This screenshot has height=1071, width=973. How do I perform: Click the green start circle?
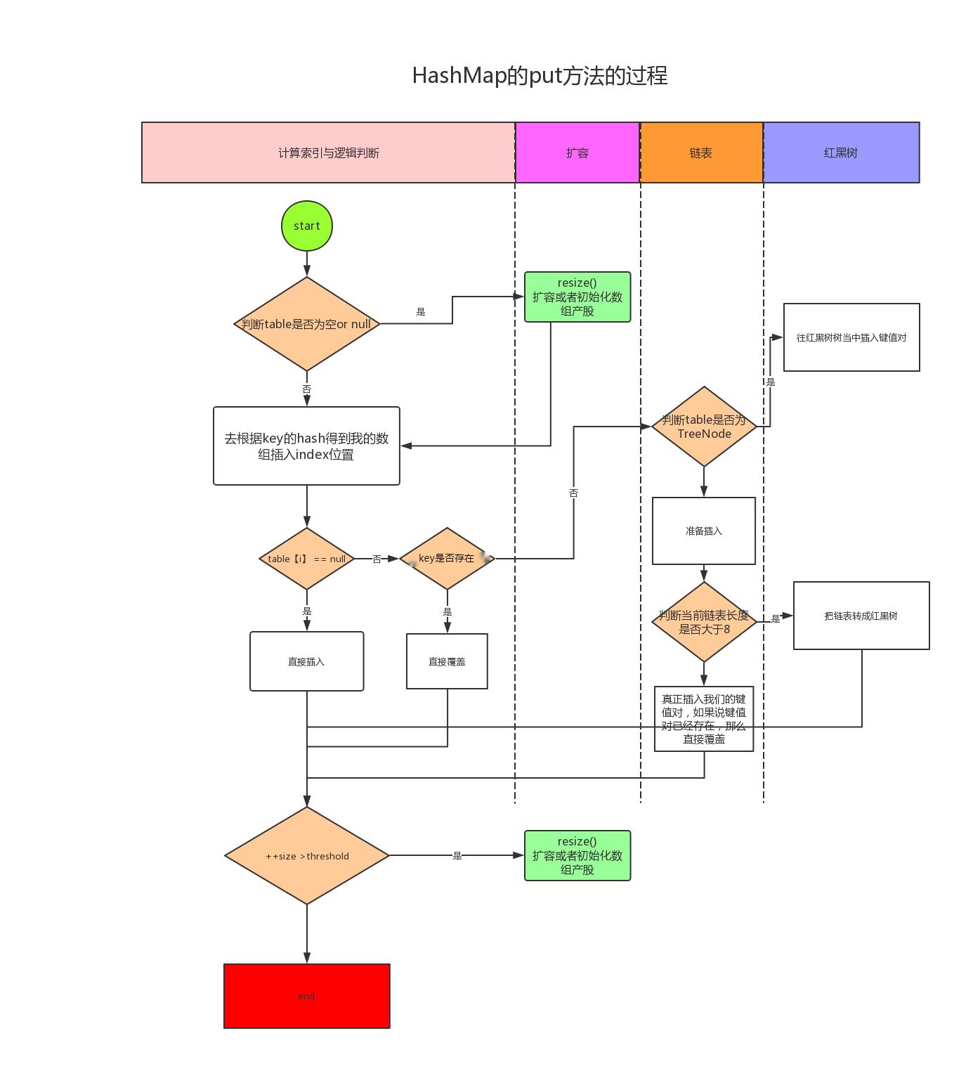click(x=306, y=226)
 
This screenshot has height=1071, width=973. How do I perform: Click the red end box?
click(x=306, y=995)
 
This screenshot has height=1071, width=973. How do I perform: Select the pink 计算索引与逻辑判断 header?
click(x=328, y=152)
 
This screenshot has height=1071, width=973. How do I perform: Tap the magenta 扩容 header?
click(x=577, y=152)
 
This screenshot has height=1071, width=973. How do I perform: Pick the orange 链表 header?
click(x=701, y=152)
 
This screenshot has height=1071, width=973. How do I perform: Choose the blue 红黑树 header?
click(x=841, y=152)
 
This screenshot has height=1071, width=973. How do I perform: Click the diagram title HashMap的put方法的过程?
click(x=540, y=75)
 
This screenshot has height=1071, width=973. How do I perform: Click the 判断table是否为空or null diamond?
click(x=307, y=323)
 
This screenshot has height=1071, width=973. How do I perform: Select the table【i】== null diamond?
click(x=307, y=559)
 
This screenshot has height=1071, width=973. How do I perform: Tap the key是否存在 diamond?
click(x=448, y=559)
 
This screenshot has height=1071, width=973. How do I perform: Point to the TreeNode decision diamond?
click(x=704, y=426)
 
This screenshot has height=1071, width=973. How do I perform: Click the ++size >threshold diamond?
click(x=307, y=855)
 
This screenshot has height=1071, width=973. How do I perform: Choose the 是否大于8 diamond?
click(x=704, y=621)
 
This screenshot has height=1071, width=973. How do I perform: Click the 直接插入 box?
click(x=307, y=661)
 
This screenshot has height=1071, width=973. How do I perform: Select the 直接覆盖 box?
click(x=448, y=661)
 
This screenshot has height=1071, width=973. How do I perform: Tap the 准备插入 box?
click(x=704, y=531)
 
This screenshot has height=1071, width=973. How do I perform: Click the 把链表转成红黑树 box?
click(x=861, y=616)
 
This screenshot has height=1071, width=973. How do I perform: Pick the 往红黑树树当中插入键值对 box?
click(x=852, y=337)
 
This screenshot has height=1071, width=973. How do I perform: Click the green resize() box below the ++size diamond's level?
click(x=577, y=855)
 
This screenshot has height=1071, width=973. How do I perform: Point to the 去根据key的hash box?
click(x=306, y=446)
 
